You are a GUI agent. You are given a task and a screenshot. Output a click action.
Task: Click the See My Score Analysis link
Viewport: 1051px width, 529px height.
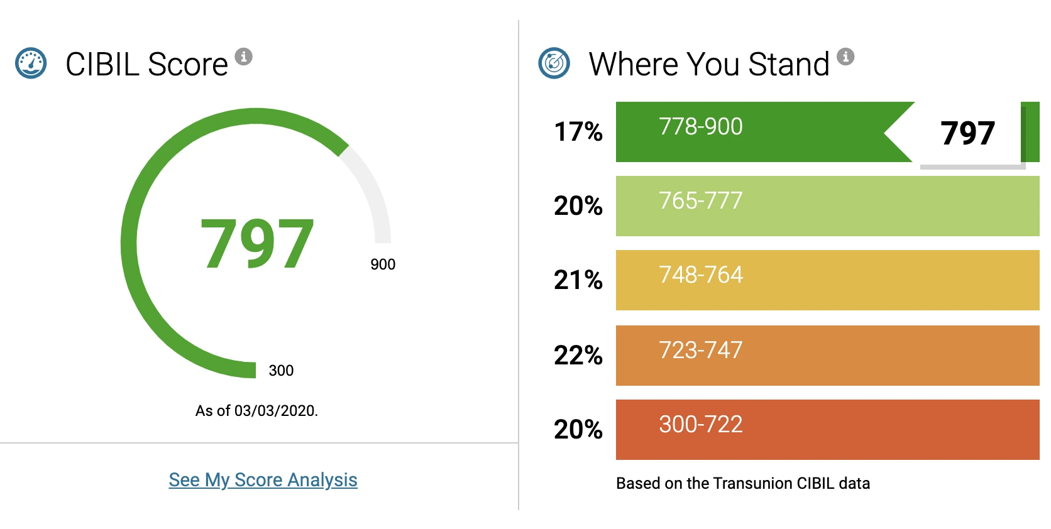(263, 480)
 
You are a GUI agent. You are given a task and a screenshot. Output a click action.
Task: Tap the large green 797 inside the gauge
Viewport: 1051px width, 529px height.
(257, 244)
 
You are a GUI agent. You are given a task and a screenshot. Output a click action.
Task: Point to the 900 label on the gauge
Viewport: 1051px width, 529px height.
(383, 264)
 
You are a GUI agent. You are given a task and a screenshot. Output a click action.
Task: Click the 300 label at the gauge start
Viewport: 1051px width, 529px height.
(281, 371)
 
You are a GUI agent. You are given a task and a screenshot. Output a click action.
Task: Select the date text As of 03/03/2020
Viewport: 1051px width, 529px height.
(256, 411)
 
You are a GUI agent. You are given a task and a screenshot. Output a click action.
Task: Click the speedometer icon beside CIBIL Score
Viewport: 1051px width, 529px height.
(31, 63)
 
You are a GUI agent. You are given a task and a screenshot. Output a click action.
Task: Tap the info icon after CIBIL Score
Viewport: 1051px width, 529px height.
(243, 57)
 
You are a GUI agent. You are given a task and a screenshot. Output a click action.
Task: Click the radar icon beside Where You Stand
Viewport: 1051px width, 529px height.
(554, 63)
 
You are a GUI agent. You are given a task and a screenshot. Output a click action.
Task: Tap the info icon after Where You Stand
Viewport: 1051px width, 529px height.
(845, 57)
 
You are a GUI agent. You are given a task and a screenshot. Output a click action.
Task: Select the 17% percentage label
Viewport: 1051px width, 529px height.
(578, 132)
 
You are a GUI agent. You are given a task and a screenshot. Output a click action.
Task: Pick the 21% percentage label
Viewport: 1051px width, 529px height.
(578, 280)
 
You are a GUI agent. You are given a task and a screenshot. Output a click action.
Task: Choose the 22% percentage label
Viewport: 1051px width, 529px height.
(578, 356)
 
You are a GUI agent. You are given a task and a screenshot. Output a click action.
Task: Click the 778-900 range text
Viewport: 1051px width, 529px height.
(700, 127)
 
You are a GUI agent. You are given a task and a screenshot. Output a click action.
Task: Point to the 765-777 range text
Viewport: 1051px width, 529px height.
(700, 201)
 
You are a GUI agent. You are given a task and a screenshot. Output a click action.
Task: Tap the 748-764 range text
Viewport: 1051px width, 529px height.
(700, 275)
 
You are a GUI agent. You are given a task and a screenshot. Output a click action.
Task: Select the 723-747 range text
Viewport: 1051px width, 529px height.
(700, 351)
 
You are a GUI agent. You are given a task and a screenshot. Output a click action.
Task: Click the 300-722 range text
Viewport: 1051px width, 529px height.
(700, 425)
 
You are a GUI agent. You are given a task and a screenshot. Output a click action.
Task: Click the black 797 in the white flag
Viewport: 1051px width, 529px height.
(967, 133)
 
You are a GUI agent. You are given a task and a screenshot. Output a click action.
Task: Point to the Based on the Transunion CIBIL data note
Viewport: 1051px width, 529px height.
(743, 483)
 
